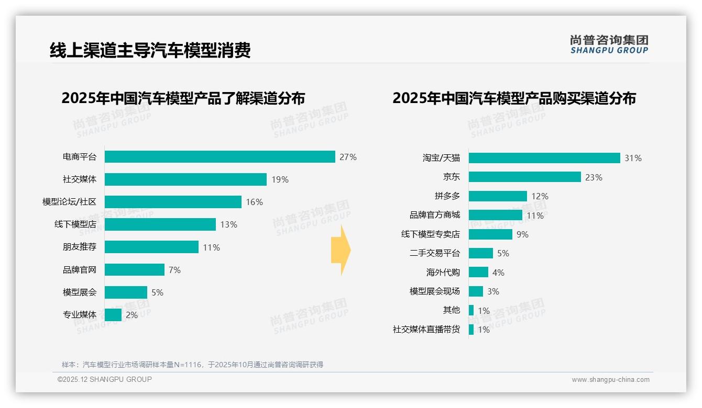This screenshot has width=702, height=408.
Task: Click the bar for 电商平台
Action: pyautogui.click(x=220, y=157)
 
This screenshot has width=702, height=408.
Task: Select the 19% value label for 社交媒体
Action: pyautogui.click(x=280, y=179)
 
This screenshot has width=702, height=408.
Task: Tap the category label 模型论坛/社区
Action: pyautogui.click(x=69, y=202)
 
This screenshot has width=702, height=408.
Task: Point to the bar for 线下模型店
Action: pyautogui.click(x=160, y=224)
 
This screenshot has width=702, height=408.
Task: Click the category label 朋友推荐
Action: pyautogui.click(x=80, y=247)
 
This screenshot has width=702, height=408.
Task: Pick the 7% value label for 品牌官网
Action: pyautogui.click(x=174, y=270)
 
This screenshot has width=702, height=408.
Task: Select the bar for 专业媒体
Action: pyautogui.click(x=113, y=315)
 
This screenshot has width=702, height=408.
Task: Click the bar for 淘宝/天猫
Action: pyautogui.click(x=544, y=158)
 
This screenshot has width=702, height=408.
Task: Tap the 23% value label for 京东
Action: pyautogui.click(x=594, y=177)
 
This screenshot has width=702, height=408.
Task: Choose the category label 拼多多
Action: pyautogui.click(x=447, y=196)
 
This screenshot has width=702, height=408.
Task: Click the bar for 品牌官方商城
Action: pyautogui.click(x=495, y=215)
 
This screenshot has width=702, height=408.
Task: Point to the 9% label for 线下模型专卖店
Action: pyautogui.click(x=522, y=234)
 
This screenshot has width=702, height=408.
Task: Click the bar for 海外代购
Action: pyautogui.click(x=478, y=273)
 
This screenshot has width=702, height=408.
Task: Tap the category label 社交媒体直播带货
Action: pyautogui.click(x=426, y=330)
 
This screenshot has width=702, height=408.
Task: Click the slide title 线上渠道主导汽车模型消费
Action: pyautogui.click(x=150, y=50)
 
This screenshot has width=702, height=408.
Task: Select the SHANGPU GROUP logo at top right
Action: pyautogui.click(x=609, y=44)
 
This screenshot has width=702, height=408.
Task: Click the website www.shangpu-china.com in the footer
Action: pyautogui.click(x=610, y=380)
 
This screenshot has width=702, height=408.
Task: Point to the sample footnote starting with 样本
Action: pyautogui.click(x=192, y=365)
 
